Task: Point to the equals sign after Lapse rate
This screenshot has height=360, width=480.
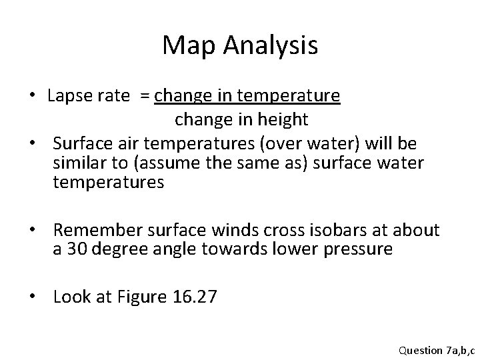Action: [x=144, y=97]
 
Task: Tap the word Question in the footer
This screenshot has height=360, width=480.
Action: [x=419, y=349]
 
